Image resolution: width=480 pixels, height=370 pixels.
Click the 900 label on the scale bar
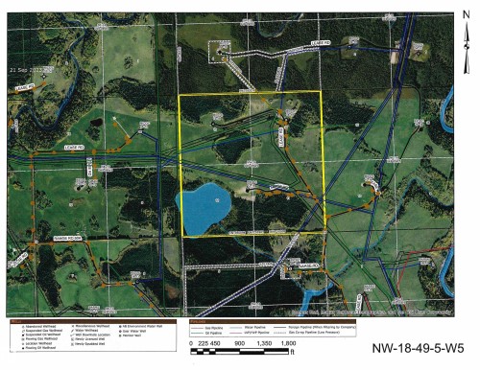(x=237, y=340)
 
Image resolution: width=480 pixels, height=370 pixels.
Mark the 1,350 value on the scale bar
(x=261, y=340)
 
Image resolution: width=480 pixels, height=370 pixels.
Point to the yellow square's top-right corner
(x=324, y=92)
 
